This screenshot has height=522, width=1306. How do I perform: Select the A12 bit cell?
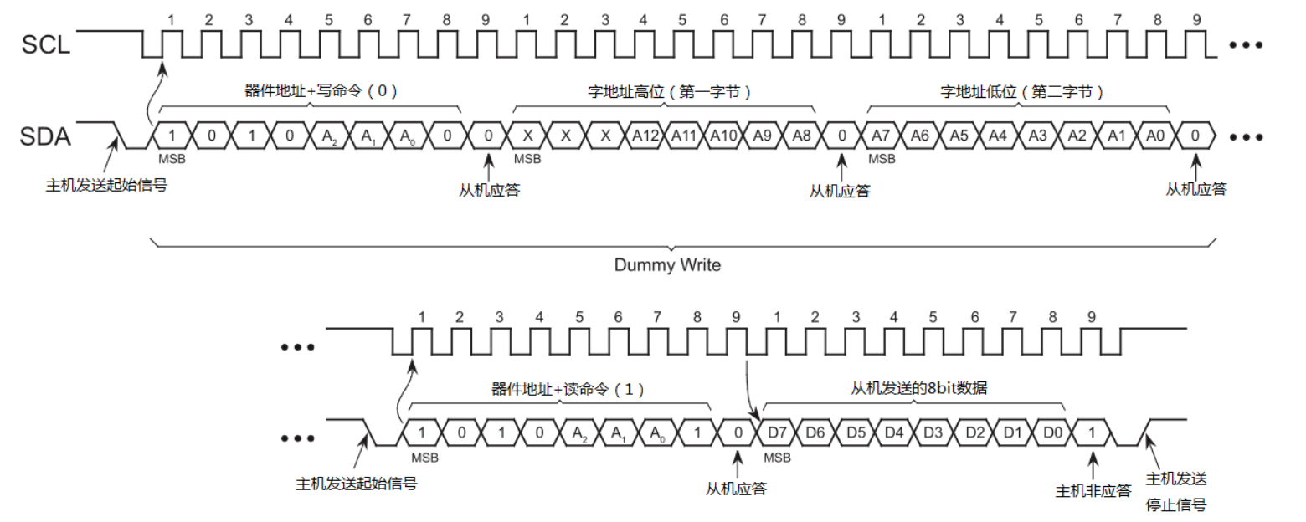[x=645, y=136]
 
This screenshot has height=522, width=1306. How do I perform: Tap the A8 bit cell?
[x=802, y=136]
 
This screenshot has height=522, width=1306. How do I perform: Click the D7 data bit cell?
[x=776, y=433]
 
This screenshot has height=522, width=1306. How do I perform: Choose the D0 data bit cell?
[x=1052, y=433]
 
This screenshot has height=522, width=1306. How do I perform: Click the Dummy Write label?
[x=667, y=265]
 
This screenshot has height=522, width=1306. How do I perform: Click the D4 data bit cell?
[x=895, y=433]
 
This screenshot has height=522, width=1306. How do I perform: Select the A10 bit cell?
[x=723, y=136]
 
